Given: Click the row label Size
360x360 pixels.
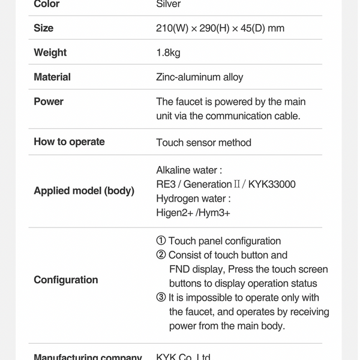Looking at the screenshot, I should click(x=43, y=28).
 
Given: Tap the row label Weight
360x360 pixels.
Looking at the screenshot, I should click(x=50, y=53).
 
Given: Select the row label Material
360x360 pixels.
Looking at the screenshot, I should click(x=52, y=77).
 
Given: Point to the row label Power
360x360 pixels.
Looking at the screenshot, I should click(x=49, y=101).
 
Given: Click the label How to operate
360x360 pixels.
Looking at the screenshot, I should click(x=69, y=142).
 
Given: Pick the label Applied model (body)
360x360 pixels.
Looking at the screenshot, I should click(x=84, y=191).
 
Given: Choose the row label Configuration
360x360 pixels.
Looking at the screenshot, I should click(x=65, y=280).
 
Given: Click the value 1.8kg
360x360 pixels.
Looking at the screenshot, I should click(x=168, y=53).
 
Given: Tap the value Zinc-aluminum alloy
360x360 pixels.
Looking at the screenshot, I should click(x=199, y=77).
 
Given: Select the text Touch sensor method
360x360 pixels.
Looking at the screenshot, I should click(x=203, y=142).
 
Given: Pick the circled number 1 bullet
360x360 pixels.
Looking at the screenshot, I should click(x=161, y=241).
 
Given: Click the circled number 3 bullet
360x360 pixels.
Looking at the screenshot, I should click(x=161, y=298).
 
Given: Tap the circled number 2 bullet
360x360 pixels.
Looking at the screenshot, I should click(x=161, y=255).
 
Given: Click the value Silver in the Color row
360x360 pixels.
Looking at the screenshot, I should click(x=168, y=4).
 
